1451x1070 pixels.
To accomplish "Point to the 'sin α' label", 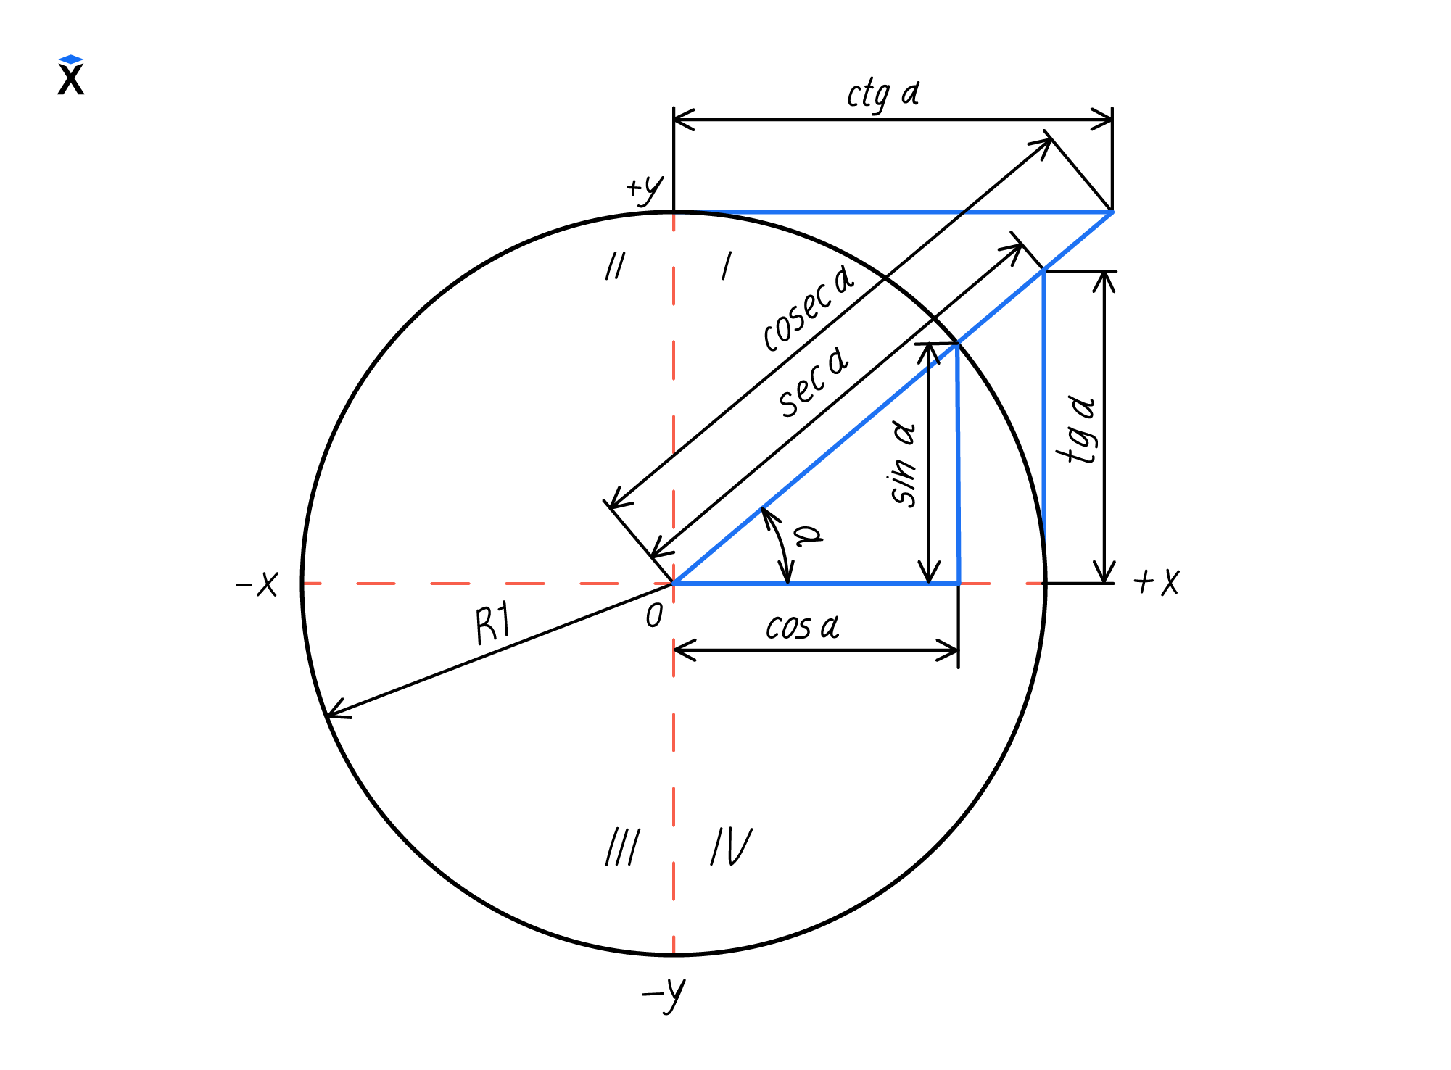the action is [x=904, y=464].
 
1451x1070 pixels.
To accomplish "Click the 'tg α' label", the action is [x=1078, y=431].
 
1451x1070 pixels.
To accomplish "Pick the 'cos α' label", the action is [x=803, y=626].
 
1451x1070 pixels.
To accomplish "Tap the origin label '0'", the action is [x=654, y=616].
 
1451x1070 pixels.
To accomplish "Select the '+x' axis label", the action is [x=1156, y=581].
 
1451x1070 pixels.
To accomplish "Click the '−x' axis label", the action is [x=257, y=584].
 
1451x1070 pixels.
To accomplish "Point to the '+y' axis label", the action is [x=645, y=190].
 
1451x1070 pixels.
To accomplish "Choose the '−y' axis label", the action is [x=664, y=995].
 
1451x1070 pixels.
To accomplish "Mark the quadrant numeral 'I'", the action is [x=727, y=266].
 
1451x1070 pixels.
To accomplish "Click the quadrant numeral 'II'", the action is [x=615, y=266].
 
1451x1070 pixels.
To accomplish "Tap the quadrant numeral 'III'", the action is [x=623, y=847].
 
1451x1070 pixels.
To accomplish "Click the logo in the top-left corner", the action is [x=71, y=75].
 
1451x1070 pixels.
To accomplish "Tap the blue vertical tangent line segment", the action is [x=1044, y=407].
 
